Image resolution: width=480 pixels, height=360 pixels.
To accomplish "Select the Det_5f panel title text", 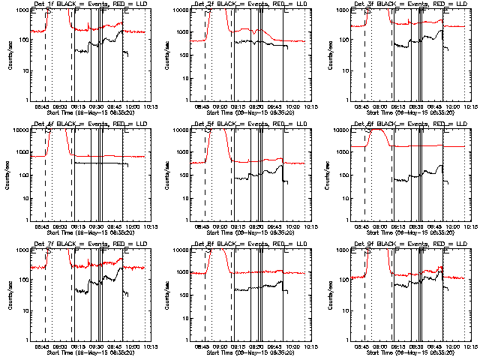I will pyautogui.click(x=247, y=124).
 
